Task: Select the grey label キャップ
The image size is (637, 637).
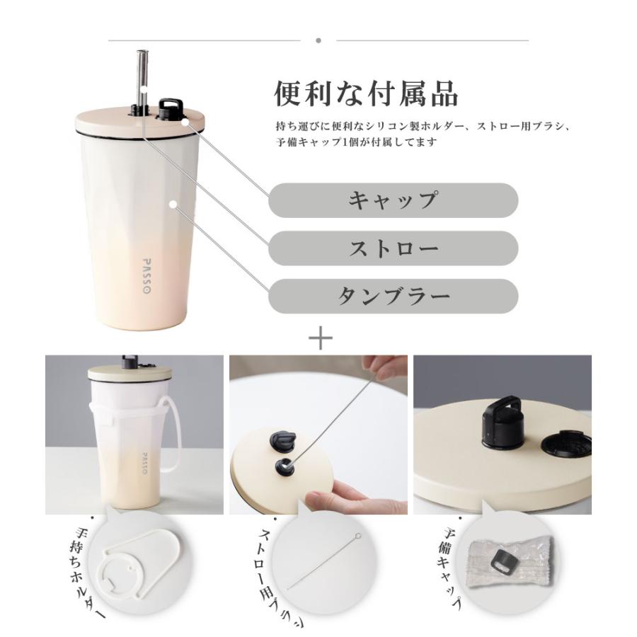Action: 393,200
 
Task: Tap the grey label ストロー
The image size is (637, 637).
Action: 393,248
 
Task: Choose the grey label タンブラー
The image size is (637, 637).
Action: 393,295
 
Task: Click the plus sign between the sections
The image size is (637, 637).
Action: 321,338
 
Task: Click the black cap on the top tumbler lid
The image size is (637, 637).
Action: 169,110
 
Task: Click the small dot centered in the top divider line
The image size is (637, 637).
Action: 318,40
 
